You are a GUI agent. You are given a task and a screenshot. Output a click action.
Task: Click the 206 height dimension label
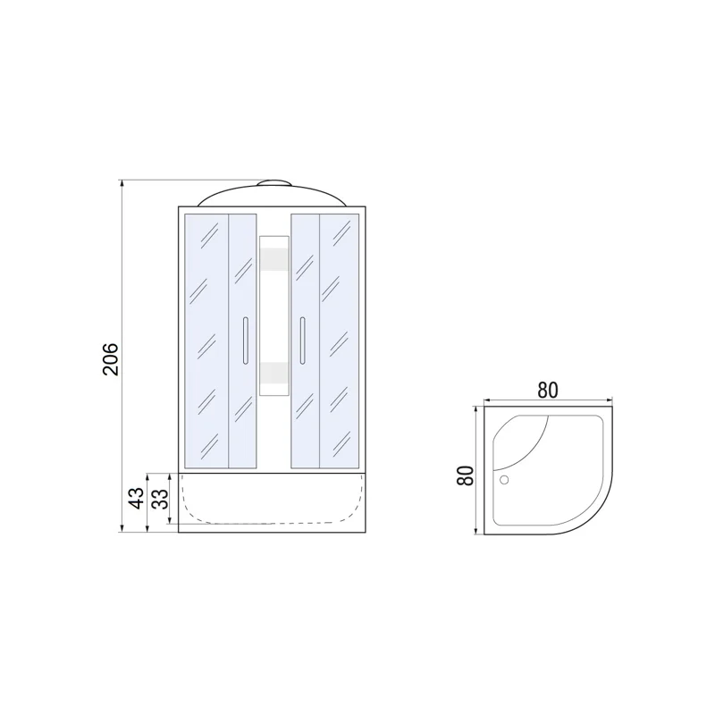point(110,359)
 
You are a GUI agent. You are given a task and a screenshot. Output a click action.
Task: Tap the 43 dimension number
point(136,498)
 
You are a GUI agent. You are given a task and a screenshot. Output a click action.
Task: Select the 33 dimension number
point(160,499)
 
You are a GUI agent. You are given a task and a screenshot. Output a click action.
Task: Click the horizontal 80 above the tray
point(547,391)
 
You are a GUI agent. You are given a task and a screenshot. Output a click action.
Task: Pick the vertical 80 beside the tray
point(466,476)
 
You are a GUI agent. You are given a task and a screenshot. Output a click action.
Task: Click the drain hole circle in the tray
point(504,480)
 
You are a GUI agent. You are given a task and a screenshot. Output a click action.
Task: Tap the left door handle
point(245,341)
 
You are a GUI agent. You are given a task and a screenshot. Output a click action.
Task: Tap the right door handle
point(302,341)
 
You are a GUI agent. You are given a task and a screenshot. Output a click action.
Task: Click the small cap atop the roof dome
point(273,183)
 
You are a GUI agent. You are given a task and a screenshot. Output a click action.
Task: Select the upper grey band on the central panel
point(273,259)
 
